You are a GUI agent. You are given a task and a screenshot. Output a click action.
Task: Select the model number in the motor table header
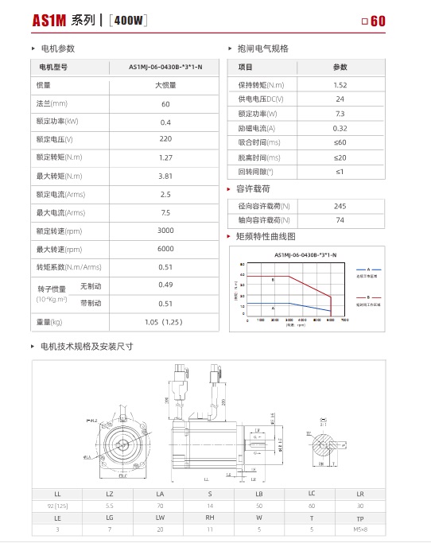165,67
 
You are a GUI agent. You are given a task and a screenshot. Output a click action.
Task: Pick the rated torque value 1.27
165,157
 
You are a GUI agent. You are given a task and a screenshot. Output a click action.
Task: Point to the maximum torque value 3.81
165,176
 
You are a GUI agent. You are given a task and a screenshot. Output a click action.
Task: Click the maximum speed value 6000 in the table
165,249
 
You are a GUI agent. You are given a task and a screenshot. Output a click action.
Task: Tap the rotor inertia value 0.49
165,285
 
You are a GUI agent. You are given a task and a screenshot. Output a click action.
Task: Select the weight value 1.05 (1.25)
165,322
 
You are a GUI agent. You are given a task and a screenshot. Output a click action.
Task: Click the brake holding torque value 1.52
340,84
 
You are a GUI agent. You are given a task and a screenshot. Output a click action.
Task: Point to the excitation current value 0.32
340,128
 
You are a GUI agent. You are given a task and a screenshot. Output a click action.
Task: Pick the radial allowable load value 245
340,206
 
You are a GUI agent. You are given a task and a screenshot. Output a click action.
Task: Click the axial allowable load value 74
340,220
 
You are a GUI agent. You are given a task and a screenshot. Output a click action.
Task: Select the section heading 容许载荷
254,189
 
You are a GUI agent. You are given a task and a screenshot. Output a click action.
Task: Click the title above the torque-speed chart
305,254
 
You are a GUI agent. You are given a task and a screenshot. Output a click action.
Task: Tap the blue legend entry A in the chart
368,271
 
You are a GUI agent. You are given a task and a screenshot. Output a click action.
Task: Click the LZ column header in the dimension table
109,494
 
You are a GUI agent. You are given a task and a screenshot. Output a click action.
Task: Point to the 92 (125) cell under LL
57,506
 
